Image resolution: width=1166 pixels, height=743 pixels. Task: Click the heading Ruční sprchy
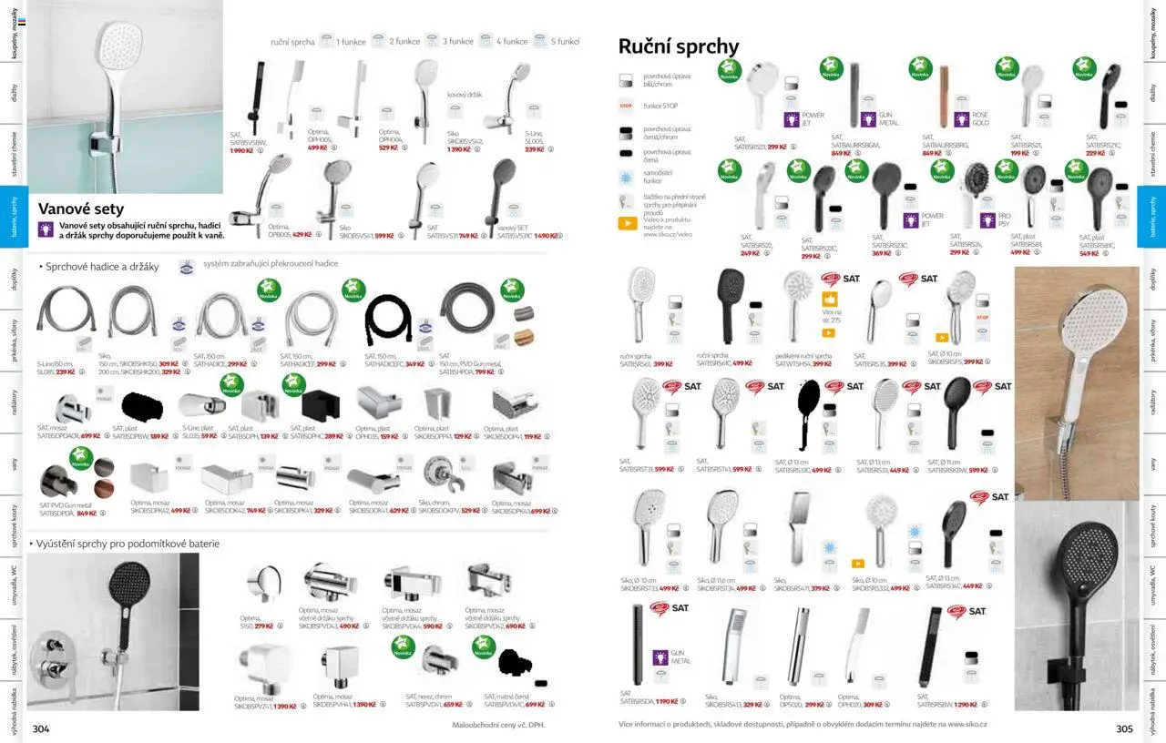[x=679, y=46]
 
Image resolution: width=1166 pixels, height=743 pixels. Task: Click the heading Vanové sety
[x=81, y=209]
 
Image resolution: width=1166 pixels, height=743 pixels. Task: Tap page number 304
[x=41, y=728]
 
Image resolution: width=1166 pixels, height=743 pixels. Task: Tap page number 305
[x=1124, y=728]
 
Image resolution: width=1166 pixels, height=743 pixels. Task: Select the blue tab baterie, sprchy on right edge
[x=1152, y=217]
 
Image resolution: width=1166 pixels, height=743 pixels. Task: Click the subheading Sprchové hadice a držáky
[x=102, y=267]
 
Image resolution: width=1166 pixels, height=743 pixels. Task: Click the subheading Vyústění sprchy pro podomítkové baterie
[x=128, y=544]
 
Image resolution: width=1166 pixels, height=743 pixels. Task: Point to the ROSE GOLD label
[x=980, y=119]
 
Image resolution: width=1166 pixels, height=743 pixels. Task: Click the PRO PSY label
[x=1004, y=219]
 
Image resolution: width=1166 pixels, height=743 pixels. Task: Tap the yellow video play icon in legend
[x=628, y=223]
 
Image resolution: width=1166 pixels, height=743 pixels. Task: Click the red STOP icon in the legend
[x=626, y=106]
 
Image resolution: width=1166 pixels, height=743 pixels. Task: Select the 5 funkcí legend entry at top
[x=565, y=42]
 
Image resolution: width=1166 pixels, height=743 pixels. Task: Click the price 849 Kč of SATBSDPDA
[x=87, y=514]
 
